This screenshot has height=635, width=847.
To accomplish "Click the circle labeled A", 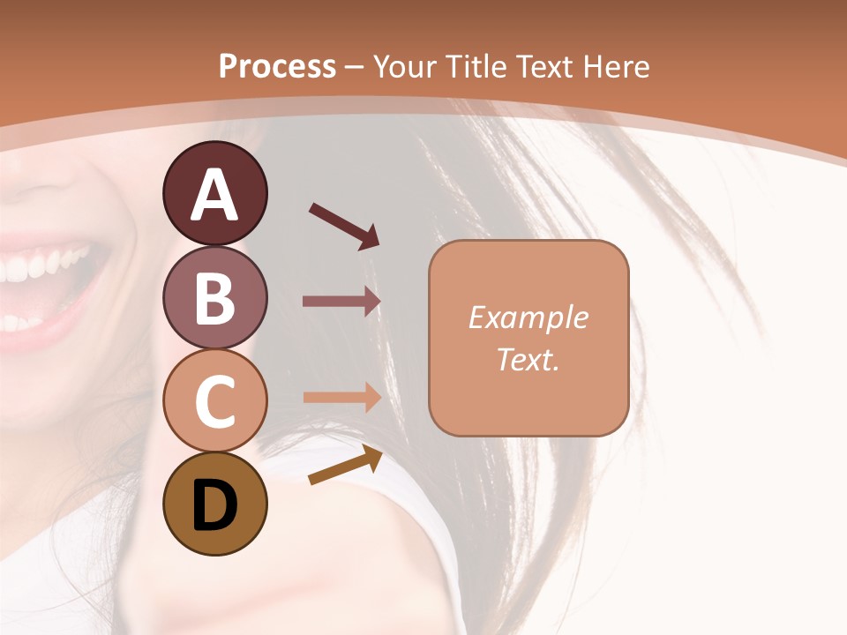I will point(214,193).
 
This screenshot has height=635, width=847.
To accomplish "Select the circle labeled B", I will point(214,298).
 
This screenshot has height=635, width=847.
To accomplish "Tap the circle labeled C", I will point(214,400).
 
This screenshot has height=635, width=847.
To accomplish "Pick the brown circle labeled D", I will point(214,504).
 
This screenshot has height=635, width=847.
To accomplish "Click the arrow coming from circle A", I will point(344,225).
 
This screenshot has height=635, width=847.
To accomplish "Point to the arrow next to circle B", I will point(341,302).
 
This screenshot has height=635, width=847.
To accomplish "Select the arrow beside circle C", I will point(341,397).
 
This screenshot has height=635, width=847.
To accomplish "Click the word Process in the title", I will point(277,67).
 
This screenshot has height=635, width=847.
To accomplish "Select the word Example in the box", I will point(528,318).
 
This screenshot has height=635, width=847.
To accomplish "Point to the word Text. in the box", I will point(528,360).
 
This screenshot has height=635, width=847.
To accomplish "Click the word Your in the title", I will point(407,67).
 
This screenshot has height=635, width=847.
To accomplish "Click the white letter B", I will point(214,298).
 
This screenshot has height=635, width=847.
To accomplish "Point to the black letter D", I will point(214,505).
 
